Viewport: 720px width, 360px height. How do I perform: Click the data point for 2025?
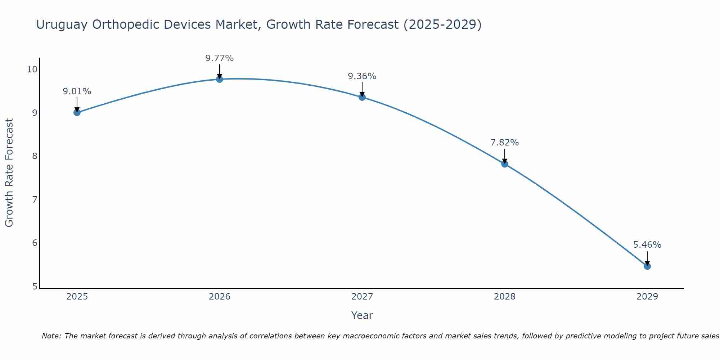(x=77, y=112)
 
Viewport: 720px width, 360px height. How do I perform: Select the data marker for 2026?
(x=220, y=79)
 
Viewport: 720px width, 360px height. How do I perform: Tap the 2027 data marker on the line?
(x=362, y=97)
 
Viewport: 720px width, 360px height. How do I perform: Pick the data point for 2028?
(x=505, y=164)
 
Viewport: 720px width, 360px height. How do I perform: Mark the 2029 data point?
(x=647, y=266)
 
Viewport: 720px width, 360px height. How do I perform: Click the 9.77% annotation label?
(x=220, y=58)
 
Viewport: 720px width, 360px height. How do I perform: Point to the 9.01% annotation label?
(x=77, y=91)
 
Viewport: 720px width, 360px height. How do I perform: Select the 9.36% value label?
(x=362, y=76)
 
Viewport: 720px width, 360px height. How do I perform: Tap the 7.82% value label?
(x=505, y=143)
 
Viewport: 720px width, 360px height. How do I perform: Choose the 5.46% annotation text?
(x=647, y=245)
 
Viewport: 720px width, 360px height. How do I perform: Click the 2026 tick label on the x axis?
(x=220, y=297)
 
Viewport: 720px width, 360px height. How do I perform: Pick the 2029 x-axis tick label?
(x=647, y=297)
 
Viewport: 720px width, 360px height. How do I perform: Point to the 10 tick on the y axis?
(x=32, y=69)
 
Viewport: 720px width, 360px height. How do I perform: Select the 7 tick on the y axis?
(x=35, y=199)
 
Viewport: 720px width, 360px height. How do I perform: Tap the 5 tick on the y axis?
(x=35, y=286)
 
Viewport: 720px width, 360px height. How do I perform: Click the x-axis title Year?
(x=362, y=315)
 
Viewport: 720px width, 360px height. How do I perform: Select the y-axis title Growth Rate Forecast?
(x=9, y=173)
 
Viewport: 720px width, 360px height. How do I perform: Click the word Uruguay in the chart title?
(x=62, y=24)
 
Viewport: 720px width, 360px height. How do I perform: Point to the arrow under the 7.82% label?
(x=505, y=156)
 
